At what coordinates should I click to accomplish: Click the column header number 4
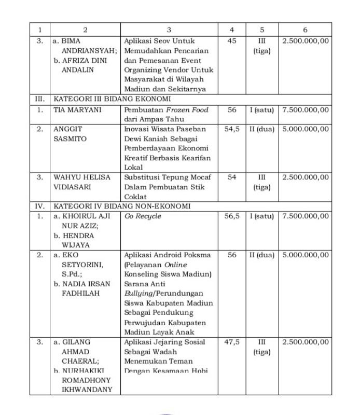coord(231,30)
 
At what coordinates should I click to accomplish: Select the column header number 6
coord(305,30)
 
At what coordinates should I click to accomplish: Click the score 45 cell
coord(231,40)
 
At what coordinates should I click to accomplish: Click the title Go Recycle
coord(143,216)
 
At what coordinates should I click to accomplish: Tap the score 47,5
coord(231,342)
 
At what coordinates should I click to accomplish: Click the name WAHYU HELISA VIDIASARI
coord(82,182)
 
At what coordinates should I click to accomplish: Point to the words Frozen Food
coord(187,110)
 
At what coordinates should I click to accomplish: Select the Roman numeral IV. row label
coord(39,206)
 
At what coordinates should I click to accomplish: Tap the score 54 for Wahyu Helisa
coord(231,177)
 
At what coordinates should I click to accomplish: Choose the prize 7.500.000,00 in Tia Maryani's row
coord(305,110)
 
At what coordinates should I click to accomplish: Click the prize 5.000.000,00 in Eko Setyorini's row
coord(305,255)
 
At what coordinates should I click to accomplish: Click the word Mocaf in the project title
coord(201,177)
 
